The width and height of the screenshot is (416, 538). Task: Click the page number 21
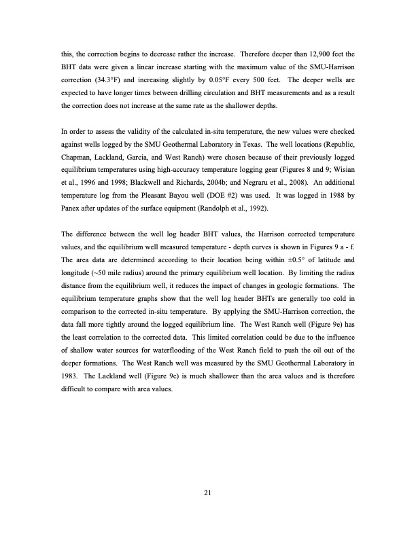pos(208,494)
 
